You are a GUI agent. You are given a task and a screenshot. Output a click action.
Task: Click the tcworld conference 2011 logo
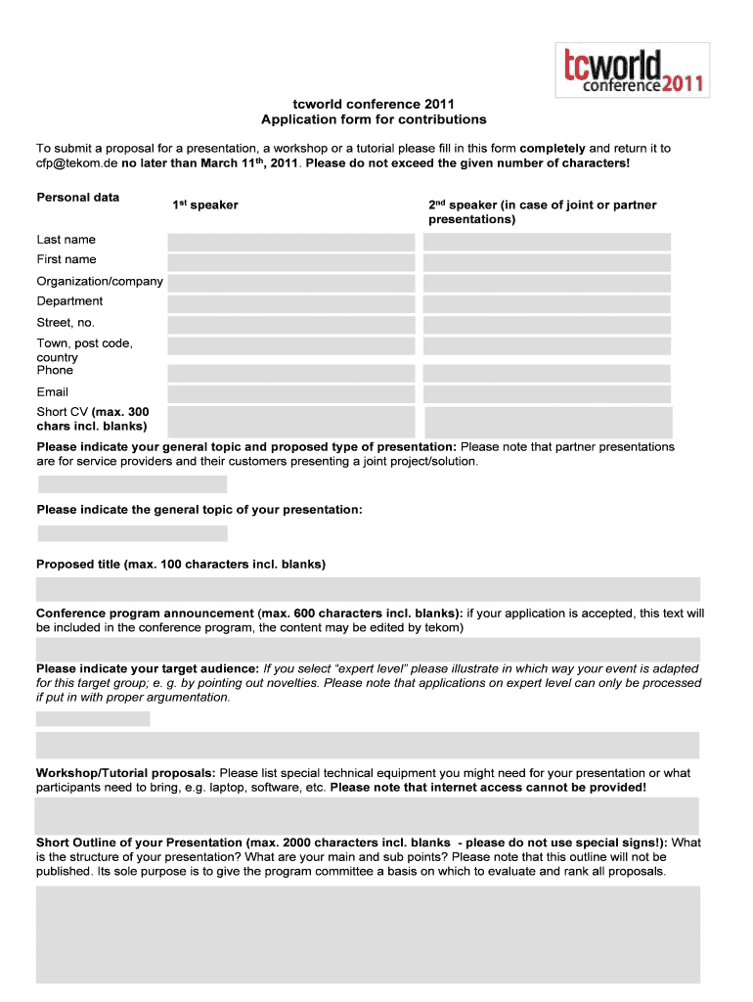pos(632,69)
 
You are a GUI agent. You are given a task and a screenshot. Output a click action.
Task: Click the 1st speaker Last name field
pos(291,242)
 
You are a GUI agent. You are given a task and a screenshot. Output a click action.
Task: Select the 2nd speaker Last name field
pos(547,242)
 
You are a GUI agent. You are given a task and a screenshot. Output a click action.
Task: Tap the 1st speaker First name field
pos(291,262)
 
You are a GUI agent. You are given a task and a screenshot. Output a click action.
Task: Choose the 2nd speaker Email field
pos(547,393)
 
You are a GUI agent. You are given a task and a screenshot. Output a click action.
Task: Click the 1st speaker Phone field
pos(291,373)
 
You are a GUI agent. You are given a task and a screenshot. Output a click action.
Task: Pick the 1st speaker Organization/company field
pos(291,283)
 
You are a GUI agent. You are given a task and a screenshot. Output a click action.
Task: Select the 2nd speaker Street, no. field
pos(547,325)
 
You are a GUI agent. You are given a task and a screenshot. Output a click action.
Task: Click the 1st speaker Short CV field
pos(291,422)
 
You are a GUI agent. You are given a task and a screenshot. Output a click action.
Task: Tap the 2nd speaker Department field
pos(547,303)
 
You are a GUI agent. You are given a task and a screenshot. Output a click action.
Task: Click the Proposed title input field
pos(368,589)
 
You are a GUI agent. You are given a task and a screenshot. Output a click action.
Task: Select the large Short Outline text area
pos(368,934)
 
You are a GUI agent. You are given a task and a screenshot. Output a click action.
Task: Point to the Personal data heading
pos(78,198)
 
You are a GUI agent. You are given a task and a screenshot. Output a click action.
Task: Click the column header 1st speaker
pos(205,205)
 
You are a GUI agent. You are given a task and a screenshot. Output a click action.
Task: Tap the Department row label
pos(69,301)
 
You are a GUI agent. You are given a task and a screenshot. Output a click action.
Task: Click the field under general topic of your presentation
pos(132,533)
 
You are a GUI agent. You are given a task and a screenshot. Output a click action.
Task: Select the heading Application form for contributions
pos(374,119)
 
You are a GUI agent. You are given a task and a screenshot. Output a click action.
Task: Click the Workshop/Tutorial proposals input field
pos(368,814)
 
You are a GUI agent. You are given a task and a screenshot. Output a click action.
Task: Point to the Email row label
pos(53,391)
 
